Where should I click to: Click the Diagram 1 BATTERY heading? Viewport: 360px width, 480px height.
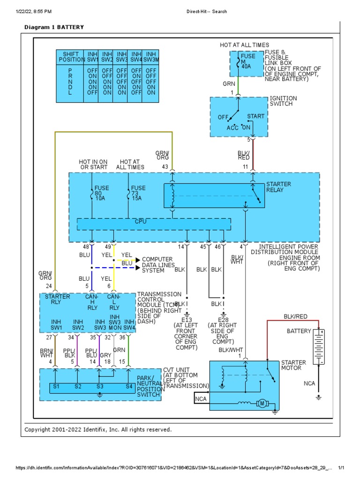54,27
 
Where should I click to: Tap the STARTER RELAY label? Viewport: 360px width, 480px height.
278,187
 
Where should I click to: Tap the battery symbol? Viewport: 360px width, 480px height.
319,347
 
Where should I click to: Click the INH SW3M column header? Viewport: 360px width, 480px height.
150,57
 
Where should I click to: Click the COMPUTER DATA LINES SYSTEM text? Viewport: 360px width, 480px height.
157,265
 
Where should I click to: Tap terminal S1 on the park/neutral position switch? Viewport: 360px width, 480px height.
56,387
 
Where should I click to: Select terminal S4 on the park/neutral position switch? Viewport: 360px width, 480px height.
128,387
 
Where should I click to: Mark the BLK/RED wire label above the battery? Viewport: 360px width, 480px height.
295,317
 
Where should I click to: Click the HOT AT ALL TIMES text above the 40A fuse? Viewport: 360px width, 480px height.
245,45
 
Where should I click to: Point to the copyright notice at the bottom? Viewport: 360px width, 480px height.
98,429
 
